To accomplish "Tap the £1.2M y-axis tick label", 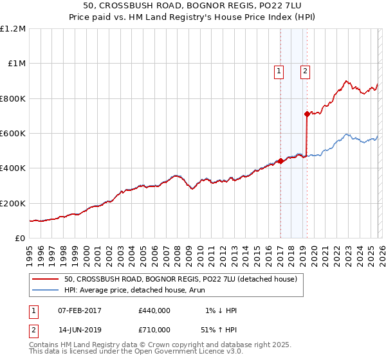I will pyautogui.click(x=13, y=29).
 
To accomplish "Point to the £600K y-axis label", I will pyautogui.click(x=13, y=134).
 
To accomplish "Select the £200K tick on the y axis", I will pyautogui.click(x=13, y=203).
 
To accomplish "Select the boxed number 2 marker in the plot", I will pyautogui.click(x=304, y=72).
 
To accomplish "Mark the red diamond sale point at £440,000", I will pyautogui.click(x=280, y=161).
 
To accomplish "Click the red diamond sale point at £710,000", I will pyautogui.click(x=307, y=114).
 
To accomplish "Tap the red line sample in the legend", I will pyautogui.click(x=45, y=280).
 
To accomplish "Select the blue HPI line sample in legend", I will pyautogui.click(x=45, y=290).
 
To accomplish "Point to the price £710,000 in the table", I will pyautogui.click(x=154, y=329).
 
